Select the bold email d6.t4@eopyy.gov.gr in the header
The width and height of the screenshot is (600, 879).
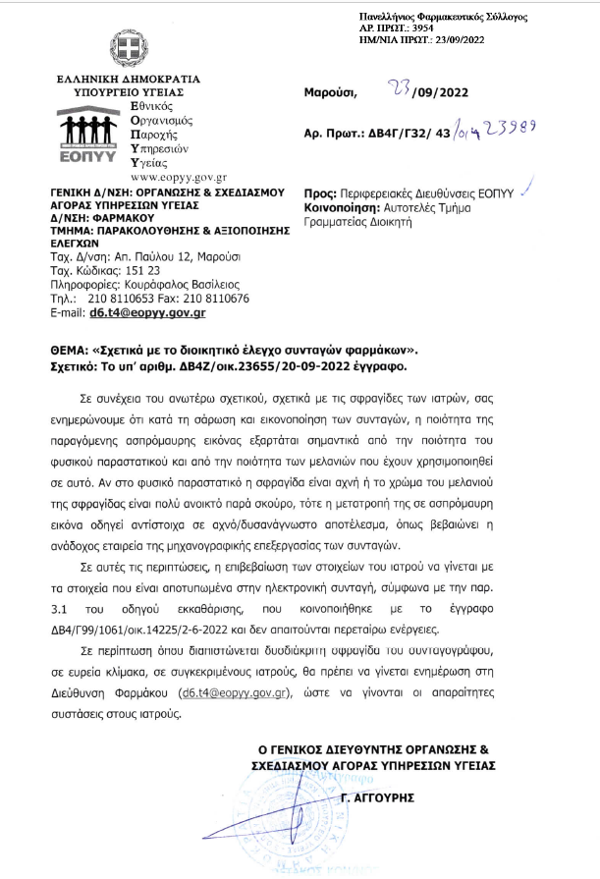[147, 312]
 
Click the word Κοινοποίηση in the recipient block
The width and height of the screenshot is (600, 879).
[347, 208]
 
